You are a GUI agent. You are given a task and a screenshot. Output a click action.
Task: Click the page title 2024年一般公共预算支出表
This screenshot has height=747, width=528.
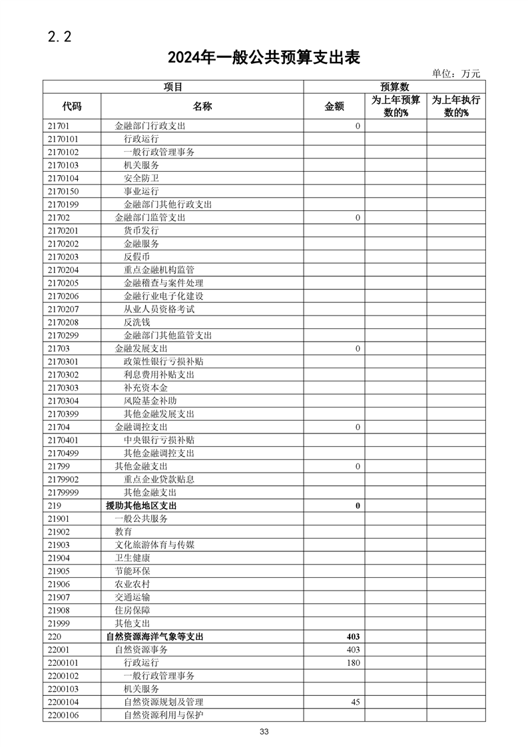tap(264, 58)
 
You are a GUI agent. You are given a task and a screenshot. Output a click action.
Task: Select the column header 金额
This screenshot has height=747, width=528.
tap(334, 107)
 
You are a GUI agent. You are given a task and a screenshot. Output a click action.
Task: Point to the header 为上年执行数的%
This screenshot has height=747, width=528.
tap(456, 107)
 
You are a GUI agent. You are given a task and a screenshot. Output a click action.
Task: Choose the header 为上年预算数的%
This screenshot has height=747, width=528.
tap(396, 107)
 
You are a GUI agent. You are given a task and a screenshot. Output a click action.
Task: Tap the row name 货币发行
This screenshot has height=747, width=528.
tap(141, 230)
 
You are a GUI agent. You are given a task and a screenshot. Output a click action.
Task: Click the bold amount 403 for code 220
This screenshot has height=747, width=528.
tap(353, 636)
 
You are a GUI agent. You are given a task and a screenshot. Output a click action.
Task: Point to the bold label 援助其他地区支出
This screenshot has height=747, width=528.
tap(141, 506)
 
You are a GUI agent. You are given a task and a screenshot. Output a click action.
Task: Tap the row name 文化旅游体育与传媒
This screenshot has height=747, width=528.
tap(154, 545)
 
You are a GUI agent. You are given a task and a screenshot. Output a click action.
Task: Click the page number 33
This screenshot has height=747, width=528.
tap(264, 732)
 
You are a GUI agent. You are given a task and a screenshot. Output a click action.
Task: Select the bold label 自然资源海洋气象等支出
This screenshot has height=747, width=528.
tap(154, 636)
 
